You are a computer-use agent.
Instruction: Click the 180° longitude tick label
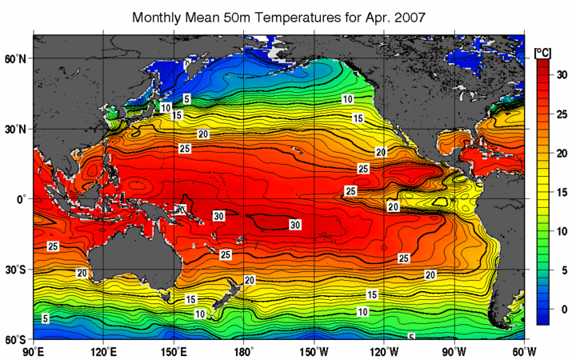[x=244, y=351]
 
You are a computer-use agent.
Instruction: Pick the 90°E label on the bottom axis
[x=34, y=351]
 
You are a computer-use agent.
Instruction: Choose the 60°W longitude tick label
[x=525, y=351]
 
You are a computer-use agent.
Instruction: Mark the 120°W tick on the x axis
[x=385, y=351]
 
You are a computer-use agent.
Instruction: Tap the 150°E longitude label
[x=174, y=351]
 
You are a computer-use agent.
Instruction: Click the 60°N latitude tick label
[x=16, y=58]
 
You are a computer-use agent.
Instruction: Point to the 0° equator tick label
[x=21, y=199]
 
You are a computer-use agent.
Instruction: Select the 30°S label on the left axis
[x=16, y=270]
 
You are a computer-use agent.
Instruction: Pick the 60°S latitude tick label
[x=16, y=339]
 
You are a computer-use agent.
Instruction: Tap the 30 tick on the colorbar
[x=562, y=74]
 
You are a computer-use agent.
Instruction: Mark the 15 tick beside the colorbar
[x=562, y=191]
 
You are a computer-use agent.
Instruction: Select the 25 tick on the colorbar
[x=562, y=113]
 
